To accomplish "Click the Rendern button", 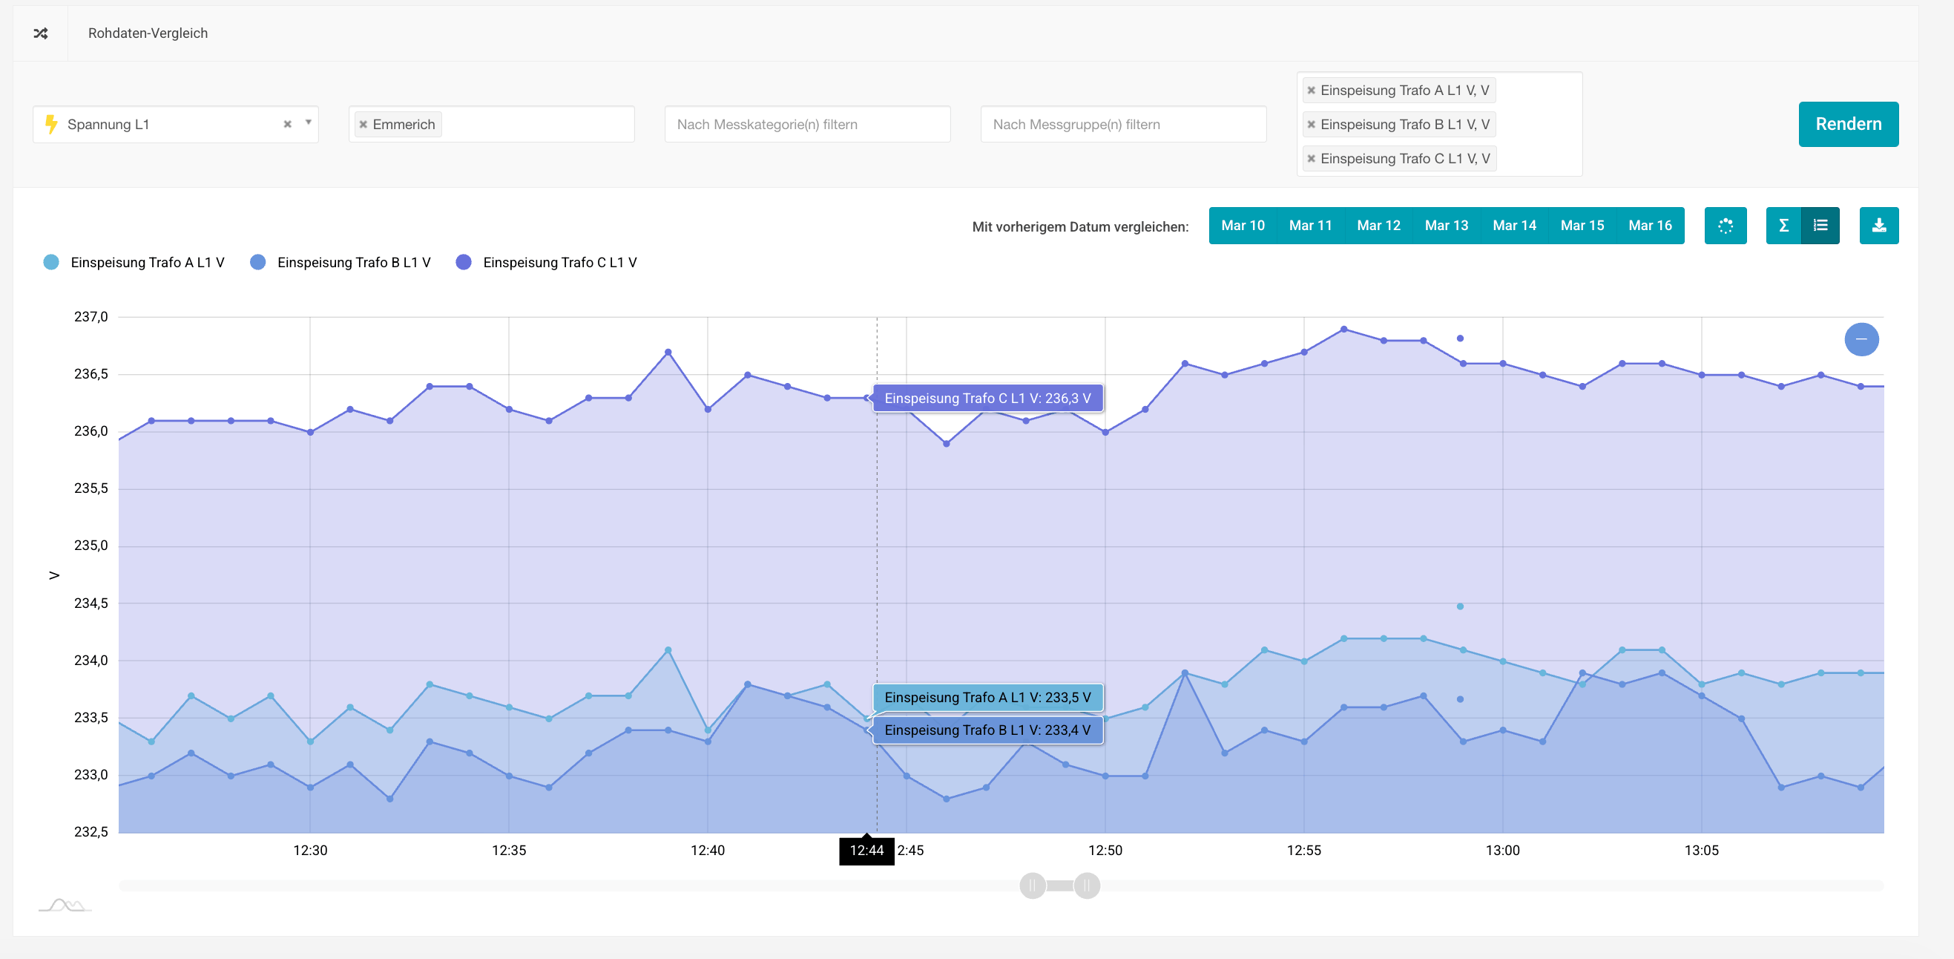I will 1848,124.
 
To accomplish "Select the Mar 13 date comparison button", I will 1446,226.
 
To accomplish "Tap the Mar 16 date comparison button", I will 1649,226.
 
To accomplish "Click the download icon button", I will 1878,226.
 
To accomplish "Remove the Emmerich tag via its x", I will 364,125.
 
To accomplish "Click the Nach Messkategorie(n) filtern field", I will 806,125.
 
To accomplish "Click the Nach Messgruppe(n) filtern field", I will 1122,125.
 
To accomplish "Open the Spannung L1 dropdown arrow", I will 308,123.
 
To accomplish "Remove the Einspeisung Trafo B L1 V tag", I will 1311,125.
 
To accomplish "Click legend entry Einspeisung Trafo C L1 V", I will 559,263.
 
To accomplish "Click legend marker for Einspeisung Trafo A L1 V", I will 52,263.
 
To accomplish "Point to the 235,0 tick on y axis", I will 91,546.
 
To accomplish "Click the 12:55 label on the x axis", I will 1303,851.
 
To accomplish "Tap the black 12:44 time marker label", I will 866,851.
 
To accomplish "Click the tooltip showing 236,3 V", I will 987,399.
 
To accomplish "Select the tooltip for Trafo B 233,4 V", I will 987,730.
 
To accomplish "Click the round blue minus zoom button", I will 1861,339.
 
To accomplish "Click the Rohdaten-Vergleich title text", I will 148,33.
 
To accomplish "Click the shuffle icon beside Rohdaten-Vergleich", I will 41,33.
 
